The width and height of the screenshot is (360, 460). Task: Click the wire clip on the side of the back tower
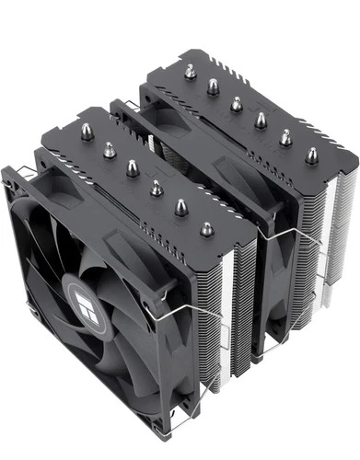click(x=281, y=248)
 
